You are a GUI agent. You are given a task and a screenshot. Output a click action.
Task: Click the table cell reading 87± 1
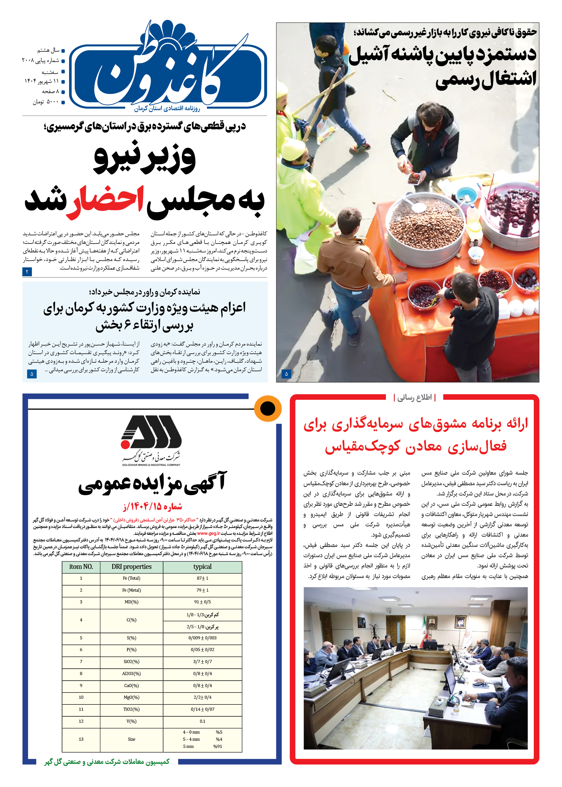pos(202,578)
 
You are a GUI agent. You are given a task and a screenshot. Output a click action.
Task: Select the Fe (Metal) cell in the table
pos(132,590)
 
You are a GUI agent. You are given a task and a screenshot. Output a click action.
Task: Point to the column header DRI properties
pos(132,567)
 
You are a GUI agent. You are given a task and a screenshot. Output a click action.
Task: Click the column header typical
pos(202,567)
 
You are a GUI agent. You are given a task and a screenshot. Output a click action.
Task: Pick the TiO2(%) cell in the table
pos(132,709)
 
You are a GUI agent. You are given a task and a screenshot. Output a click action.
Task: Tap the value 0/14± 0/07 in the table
pos(202,709)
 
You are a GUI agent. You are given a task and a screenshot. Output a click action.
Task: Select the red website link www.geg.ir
pos(208,533)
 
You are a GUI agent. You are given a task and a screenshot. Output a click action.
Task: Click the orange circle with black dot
pos(267,409)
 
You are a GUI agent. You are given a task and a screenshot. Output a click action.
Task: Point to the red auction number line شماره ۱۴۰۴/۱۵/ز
pos(152,507)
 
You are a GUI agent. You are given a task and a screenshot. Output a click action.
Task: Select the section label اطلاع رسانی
pos(414,397)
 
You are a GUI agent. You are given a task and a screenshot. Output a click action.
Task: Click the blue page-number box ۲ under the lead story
pos(27,272)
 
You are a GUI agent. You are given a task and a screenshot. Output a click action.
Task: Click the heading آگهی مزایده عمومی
pos(152,483)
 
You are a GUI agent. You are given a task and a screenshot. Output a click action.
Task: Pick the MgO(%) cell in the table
pos(132,697)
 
